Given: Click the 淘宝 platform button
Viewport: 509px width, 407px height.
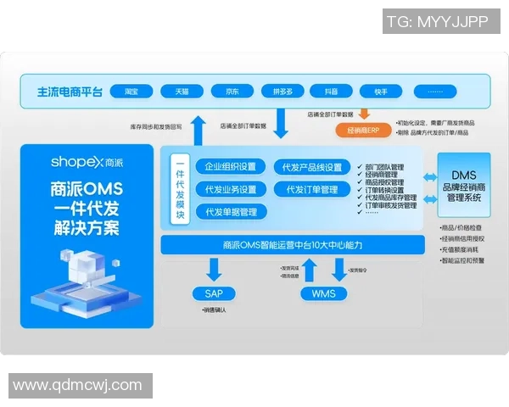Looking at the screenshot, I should tap(131, 92).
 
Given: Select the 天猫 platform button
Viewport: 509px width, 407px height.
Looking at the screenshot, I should tap(182, 92).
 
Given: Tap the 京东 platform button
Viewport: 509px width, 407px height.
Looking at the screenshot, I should tap(232, 92).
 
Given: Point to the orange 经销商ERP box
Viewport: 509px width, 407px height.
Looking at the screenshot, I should tap(362, 131).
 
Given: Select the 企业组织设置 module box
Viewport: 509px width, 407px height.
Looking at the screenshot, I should tap(231, 167).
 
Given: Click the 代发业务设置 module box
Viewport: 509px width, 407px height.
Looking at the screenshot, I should tap(231, 189).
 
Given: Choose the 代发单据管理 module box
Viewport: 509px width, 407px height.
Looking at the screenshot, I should tap(231, 211).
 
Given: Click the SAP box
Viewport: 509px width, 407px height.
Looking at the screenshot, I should tap(214, 293).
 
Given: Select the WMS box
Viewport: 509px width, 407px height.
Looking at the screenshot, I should tap(324, 293).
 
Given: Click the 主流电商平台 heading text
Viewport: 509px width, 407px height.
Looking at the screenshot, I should tap(70, 92).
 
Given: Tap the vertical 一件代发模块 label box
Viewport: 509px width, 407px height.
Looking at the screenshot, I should tap(180, 190).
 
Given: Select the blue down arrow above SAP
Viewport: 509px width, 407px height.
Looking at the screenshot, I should tap(214, 269).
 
